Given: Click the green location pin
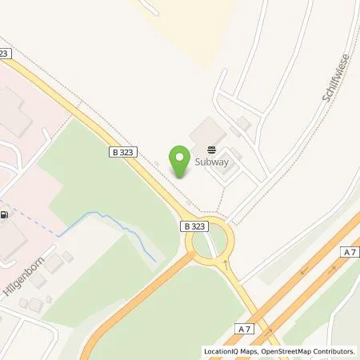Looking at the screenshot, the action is pos(179,158).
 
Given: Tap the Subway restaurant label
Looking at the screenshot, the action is pos(212,162).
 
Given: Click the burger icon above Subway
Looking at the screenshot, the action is pos(211,149).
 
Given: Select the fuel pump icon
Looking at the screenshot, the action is pos(6,214).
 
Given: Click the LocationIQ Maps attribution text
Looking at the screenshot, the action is pos(232,351).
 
